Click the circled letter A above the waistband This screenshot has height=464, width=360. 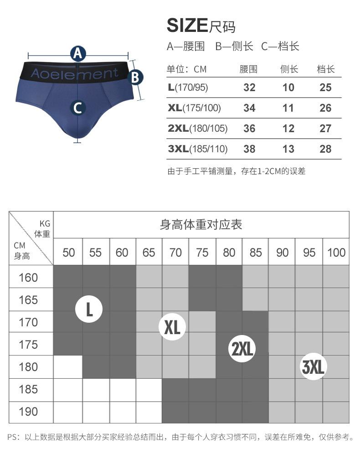[78, 54]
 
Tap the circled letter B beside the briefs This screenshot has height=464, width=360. [135, 77]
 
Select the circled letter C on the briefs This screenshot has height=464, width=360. [77, 108]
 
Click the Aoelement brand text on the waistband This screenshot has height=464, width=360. [74, 73]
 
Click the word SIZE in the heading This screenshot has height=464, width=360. [187, 26]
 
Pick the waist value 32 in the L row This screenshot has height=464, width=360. [249, 88]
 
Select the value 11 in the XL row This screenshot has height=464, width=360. [288, 108]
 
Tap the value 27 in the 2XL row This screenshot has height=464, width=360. [325, 129]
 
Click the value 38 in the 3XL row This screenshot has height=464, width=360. [249, 149]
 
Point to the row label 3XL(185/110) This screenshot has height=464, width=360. [197, 149]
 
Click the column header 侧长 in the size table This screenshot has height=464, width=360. [289, 69]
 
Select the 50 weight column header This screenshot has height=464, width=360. [69, 253]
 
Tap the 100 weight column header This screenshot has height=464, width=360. [336, 253]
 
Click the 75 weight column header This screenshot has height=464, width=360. [202, 253]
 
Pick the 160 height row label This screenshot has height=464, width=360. [28, 278]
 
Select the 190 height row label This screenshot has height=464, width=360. [28, 412]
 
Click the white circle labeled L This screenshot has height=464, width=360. [89, 310]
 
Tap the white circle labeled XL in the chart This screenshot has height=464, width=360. [172, 326]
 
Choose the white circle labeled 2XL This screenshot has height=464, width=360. [242, 349]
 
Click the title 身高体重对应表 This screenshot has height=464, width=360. [201, 224]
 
